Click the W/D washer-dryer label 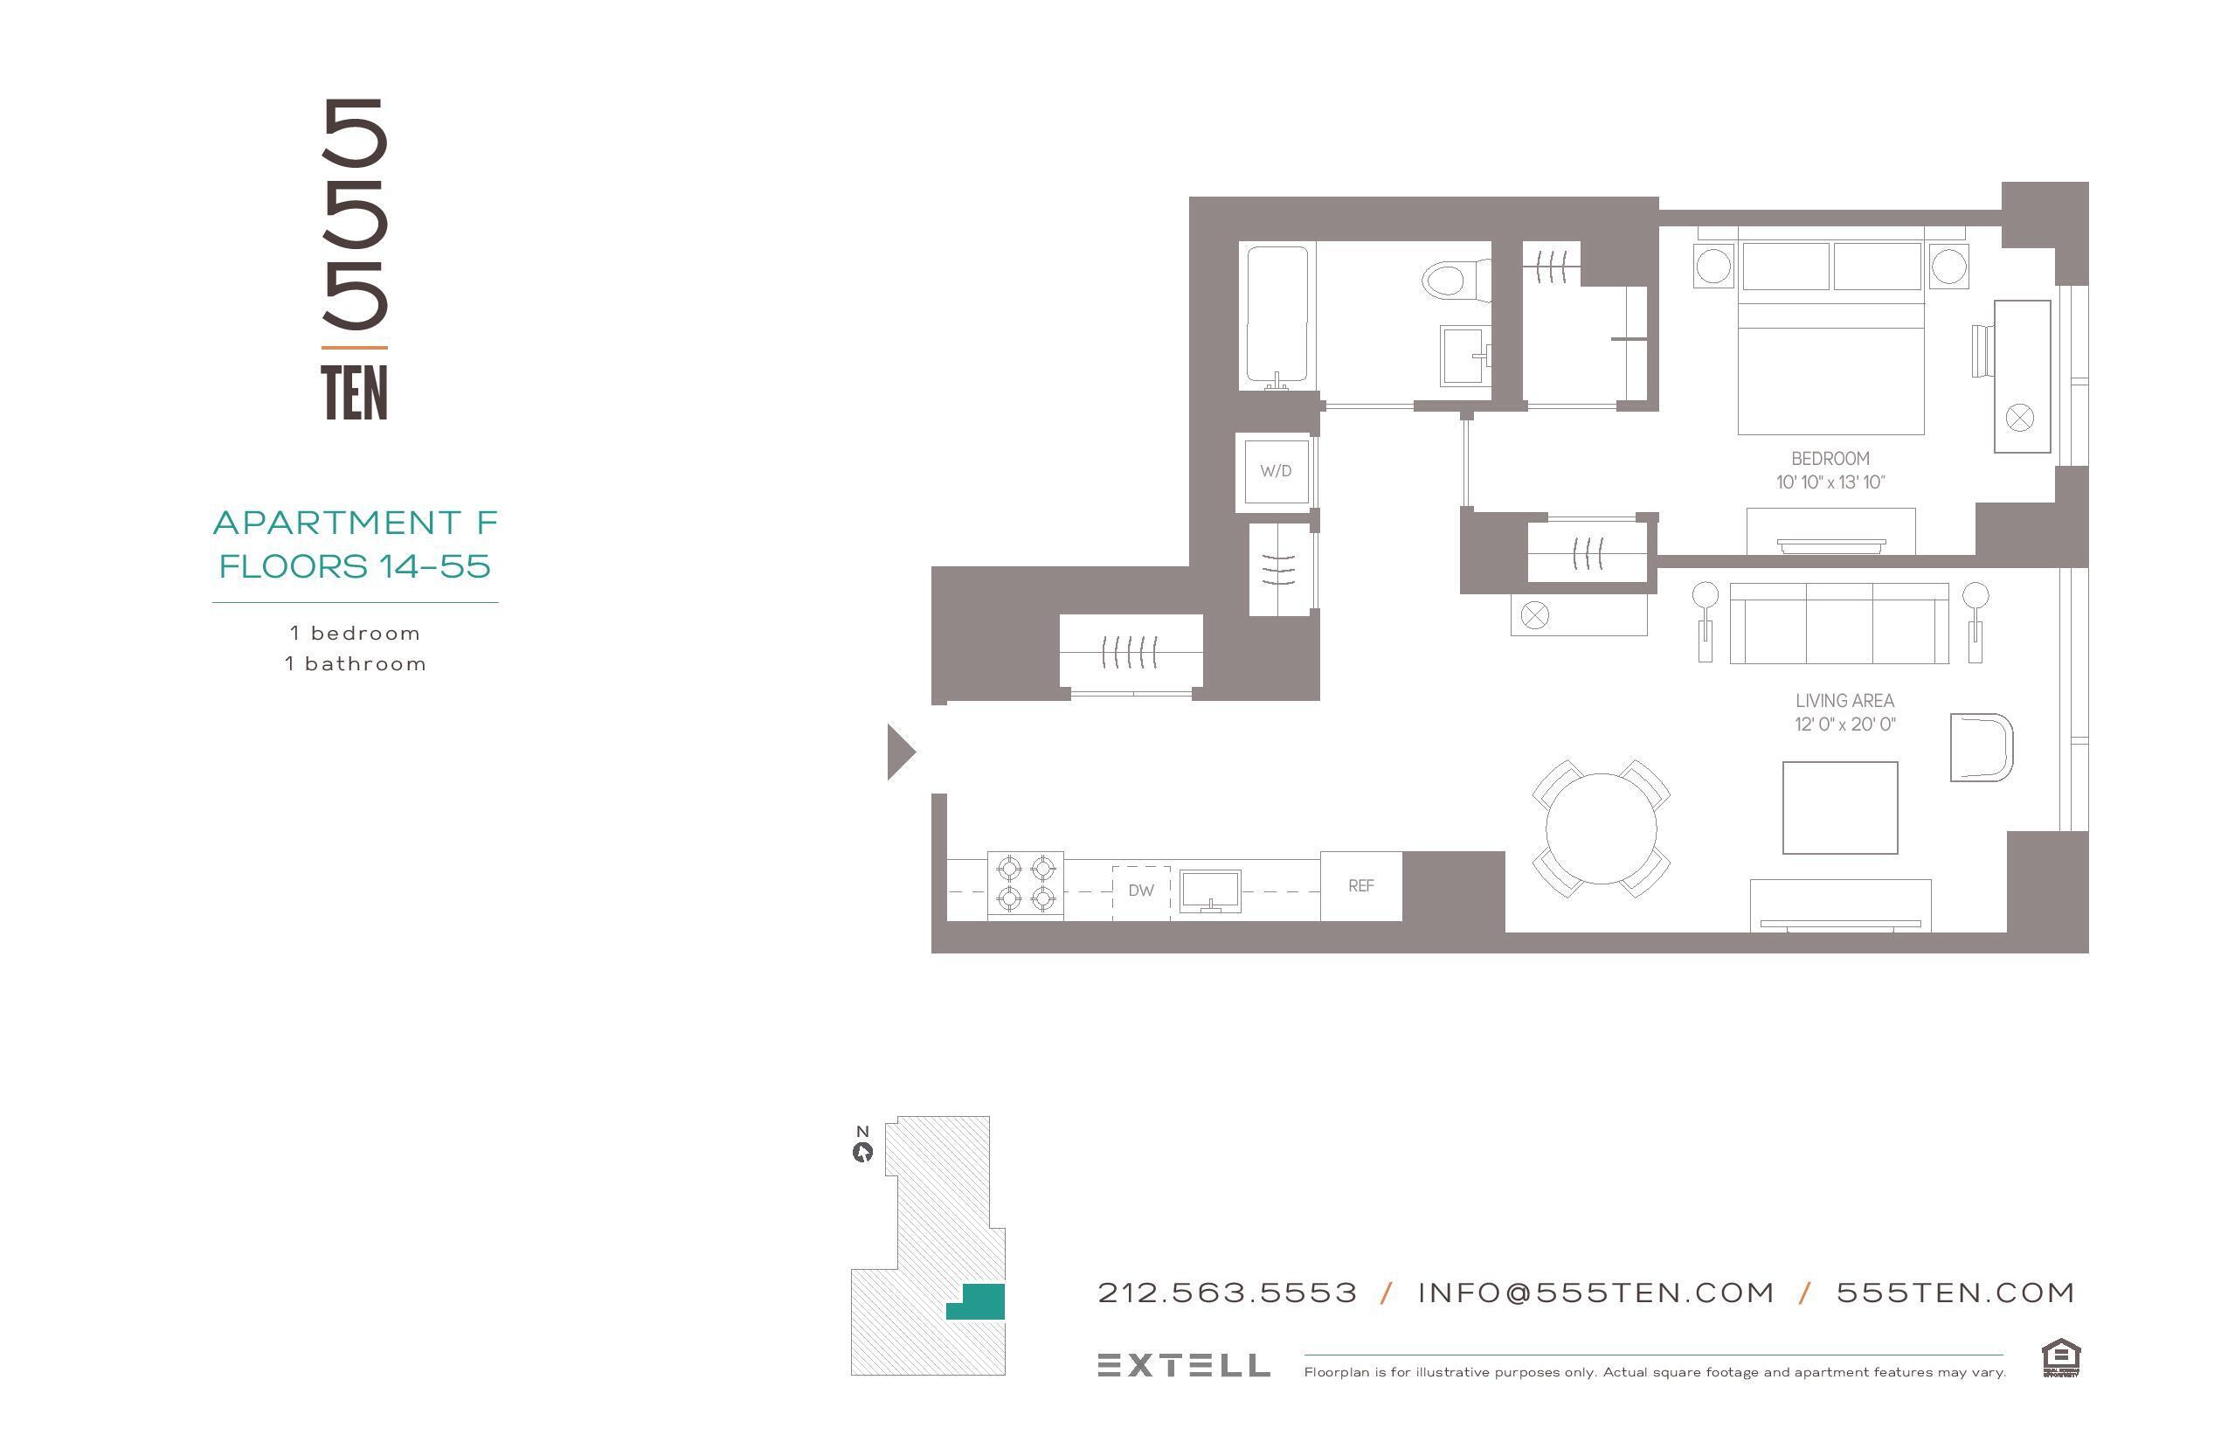1275,471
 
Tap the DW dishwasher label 1140,891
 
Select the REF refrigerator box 1360,886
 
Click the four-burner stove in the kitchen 1025,884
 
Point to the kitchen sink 1209,891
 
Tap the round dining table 1601,828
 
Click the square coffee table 1839,808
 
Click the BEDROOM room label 1830,459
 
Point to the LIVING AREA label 1844,700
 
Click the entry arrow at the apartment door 900,751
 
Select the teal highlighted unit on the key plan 979,1301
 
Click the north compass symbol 862,1152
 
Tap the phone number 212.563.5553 1228,1293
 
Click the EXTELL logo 1183,1365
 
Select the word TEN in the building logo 354,393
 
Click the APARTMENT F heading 355,523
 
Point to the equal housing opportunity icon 2060,1359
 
